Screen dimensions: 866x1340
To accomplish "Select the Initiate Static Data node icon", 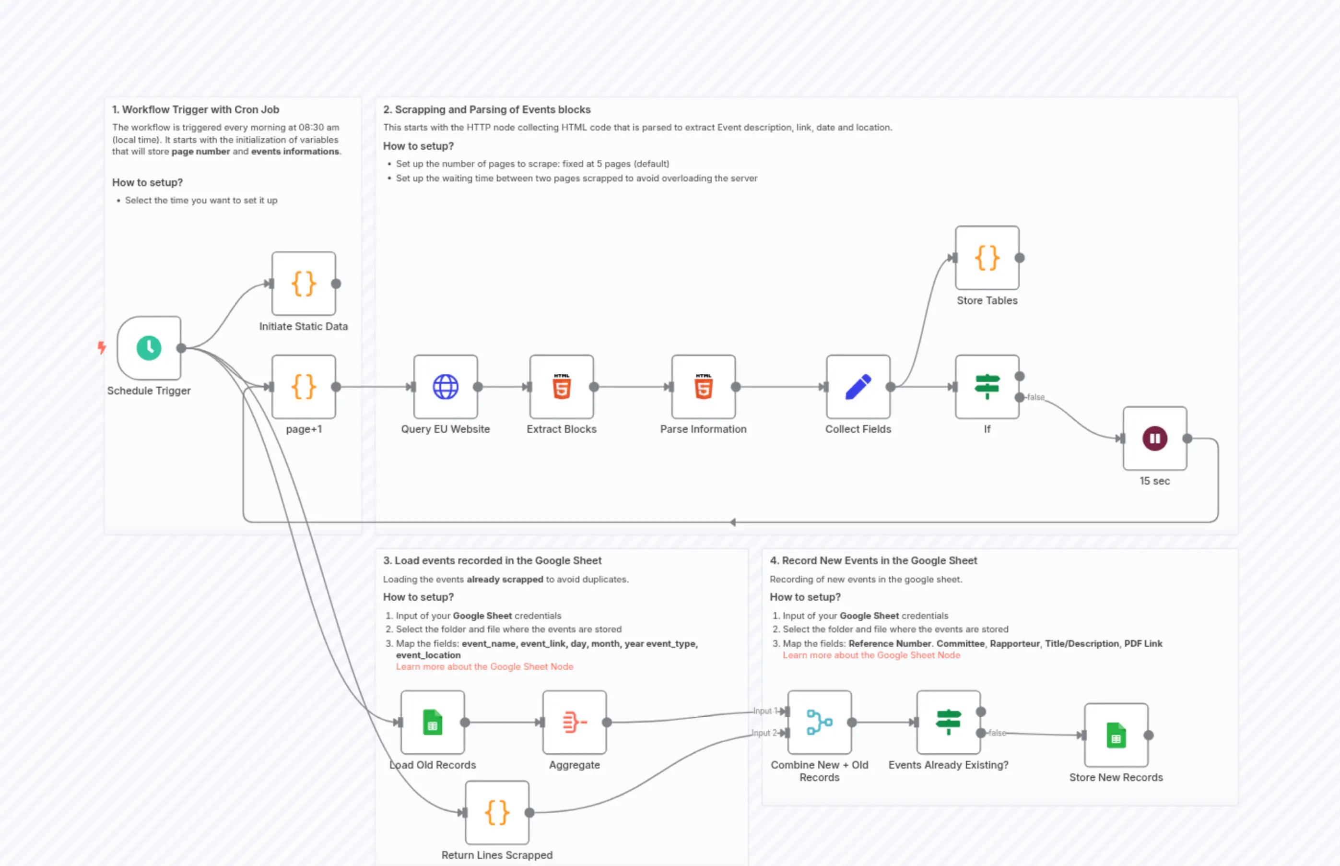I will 304,284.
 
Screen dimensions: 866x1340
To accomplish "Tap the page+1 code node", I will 304,387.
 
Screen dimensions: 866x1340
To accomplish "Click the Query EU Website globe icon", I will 445,387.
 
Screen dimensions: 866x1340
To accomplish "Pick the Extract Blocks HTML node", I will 562,387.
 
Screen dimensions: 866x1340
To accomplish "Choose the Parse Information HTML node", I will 703,387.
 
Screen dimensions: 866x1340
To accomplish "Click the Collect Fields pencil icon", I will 858,387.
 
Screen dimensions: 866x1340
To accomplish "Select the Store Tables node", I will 987,258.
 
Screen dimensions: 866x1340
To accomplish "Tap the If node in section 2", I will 987,387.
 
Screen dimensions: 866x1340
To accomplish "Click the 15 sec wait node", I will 1154,439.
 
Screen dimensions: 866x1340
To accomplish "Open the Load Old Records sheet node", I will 432,723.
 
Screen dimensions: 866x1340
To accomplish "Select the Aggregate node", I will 575,723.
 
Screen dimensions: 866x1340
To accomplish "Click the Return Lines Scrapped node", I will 497,813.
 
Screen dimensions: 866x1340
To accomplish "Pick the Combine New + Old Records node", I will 819,723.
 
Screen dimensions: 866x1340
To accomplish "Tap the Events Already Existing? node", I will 948,723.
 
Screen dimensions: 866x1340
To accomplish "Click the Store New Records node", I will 1116,735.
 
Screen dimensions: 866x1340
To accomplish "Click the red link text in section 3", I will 484,667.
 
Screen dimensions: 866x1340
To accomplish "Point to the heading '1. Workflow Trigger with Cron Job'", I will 196,110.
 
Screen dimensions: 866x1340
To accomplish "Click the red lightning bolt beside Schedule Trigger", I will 102,347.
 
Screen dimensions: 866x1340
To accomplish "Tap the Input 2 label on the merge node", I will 764,733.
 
